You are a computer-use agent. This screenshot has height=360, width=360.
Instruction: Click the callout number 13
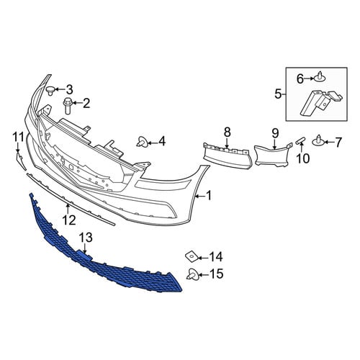pyautogui.click(x=86, y=238)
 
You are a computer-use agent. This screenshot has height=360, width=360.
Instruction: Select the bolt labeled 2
pyautogui.click(x=67, y=106)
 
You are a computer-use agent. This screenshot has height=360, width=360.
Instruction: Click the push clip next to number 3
pyautogui.click(x=50, y=90)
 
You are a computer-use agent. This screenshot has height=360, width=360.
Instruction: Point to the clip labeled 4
pyautogui.click(x=142, y=142)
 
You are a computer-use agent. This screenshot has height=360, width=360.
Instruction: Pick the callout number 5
pyautogui.click(x=278, y=94)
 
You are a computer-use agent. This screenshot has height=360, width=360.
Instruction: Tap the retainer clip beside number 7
pyautogui.click(x=319, y=141)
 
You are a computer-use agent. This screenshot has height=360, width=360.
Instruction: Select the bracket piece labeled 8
pyautogui.click(x=228, y=156)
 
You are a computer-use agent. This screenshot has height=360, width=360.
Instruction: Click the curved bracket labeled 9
pyautogui.click(x=273, y=156)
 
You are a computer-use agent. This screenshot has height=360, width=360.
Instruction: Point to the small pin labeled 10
pyautogui.click(x=300, y=140)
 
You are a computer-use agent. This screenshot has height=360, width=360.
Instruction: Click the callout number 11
pyautogui.click(x=18, y=137)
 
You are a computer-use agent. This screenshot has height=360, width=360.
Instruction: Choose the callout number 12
pyautogui.click(x=69, y=220)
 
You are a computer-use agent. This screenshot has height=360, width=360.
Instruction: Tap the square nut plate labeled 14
pyautogui.click(x=192, y=257)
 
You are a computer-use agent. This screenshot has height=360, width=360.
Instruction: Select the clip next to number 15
pyautogui.click(x=193, y=275)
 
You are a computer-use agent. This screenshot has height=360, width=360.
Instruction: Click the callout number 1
pyautogui.click(x=209, y=196)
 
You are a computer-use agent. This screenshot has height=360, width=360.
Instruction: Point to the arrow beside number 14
pyautogui.click(x=203, y=258)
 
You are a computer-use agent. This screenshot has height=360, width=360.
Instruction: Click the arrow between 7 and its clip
pyautogui.click(x=329, y=143)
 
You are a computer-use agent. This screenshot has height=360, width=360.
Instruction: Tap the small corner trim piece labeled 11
pyautogui.click(x=21, y=161)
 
